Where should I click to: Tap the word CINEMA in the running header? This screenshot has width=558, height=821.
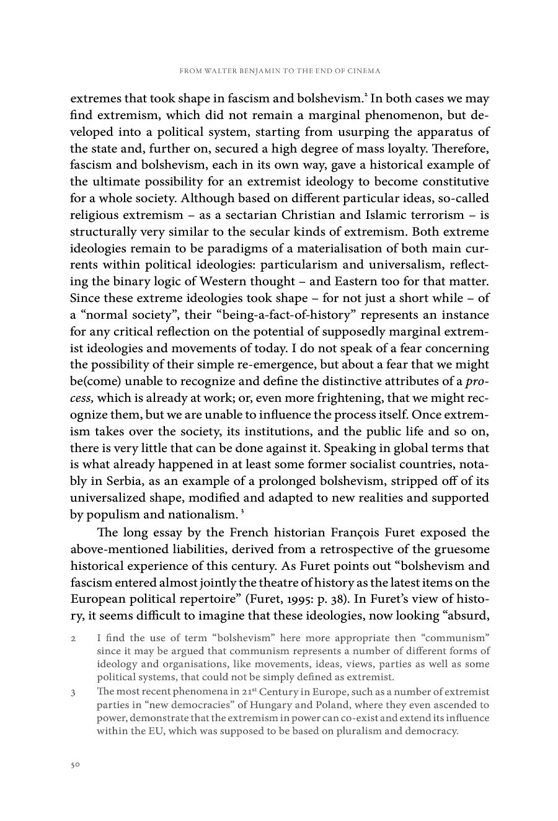click(x=363, y=71)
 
